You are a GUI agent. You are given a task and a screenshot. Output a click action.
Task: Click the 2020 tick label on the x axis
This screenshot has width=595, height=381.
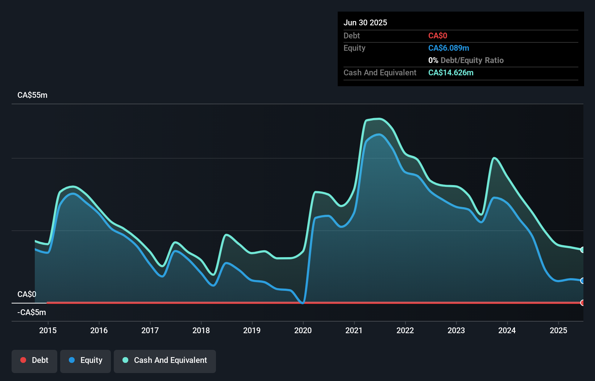coord(303,330)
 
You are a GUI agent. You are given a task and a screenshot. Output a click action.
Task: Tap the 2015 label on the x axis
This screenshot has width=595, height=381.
coord(48,330)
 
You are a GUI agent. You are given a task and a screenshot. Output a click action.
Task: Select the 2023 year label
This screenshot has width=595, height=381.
coord(456,330)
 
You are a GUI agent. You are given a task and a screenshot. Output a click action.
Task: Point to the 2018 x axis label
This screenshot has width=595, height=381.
coord(201,330)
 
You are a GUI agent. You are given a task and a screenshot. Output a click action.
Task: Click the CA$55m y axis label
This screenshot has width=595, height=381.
coord(32,95)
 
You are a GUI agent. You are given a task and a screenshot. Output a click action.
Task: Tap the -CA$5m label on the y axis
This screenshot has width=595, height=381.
coord(32,312)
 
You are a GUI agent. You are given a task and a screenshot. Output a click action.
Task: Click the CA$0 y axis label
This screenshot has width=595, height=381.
coord(27,294)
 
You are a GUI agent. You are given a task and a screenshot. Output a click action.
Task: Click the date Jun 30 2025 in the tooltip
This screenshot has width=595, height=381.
coord(365,22)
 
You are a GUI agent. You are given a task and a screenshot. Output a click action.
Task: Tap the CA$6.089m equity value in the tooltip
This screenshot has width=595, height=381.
coord(449,48)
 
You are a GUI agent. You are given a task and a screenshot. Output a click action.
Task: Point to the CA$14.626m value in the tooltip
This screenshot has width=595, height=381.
coord(451,72)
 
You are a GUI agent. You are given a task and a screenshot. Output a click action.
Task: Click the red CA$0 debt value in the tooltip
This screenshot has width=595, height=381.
coord(438,35)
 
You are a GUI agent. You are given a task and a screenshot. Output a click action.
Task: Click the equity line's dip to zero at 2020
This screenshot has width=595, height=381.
coord(303,302)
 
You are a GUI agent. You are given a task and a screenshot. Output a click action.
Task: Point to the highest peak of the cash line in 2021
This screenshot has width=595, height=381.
coord(378,119)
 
